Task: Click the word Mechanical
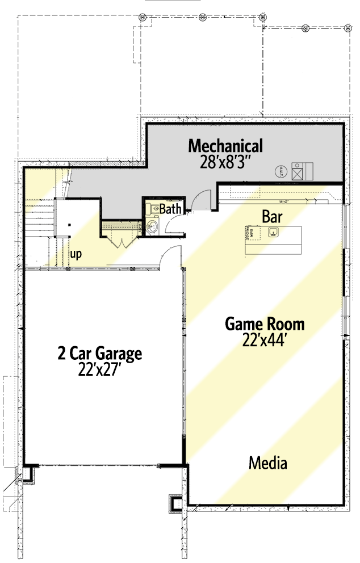(225, 146)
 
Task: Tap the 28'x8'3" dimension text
(225, 162)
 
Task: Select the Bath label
(170, 209)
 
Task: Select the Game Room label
(265, 325)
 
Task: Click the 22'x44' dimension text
(265, 341)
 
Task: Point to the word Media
(267, 463)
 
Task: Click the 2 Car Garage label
(99, 354)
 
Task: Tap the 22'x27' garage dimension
(99, 370)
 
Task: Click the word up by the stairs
(76, 254)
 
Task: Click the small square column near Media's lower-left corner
(175, 503)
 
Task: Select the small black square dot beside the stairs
(69, 225)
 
